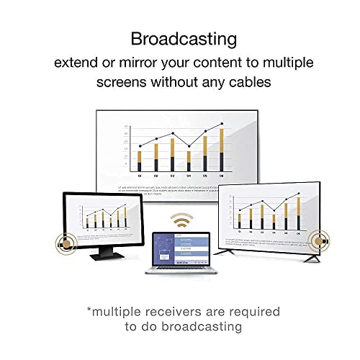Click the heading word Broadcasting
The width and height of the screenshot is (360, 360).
180,38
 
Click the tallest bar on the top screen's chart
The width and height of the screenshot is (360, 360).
222,150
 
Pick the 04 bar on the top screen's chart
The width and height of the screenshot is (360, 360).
189,161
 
